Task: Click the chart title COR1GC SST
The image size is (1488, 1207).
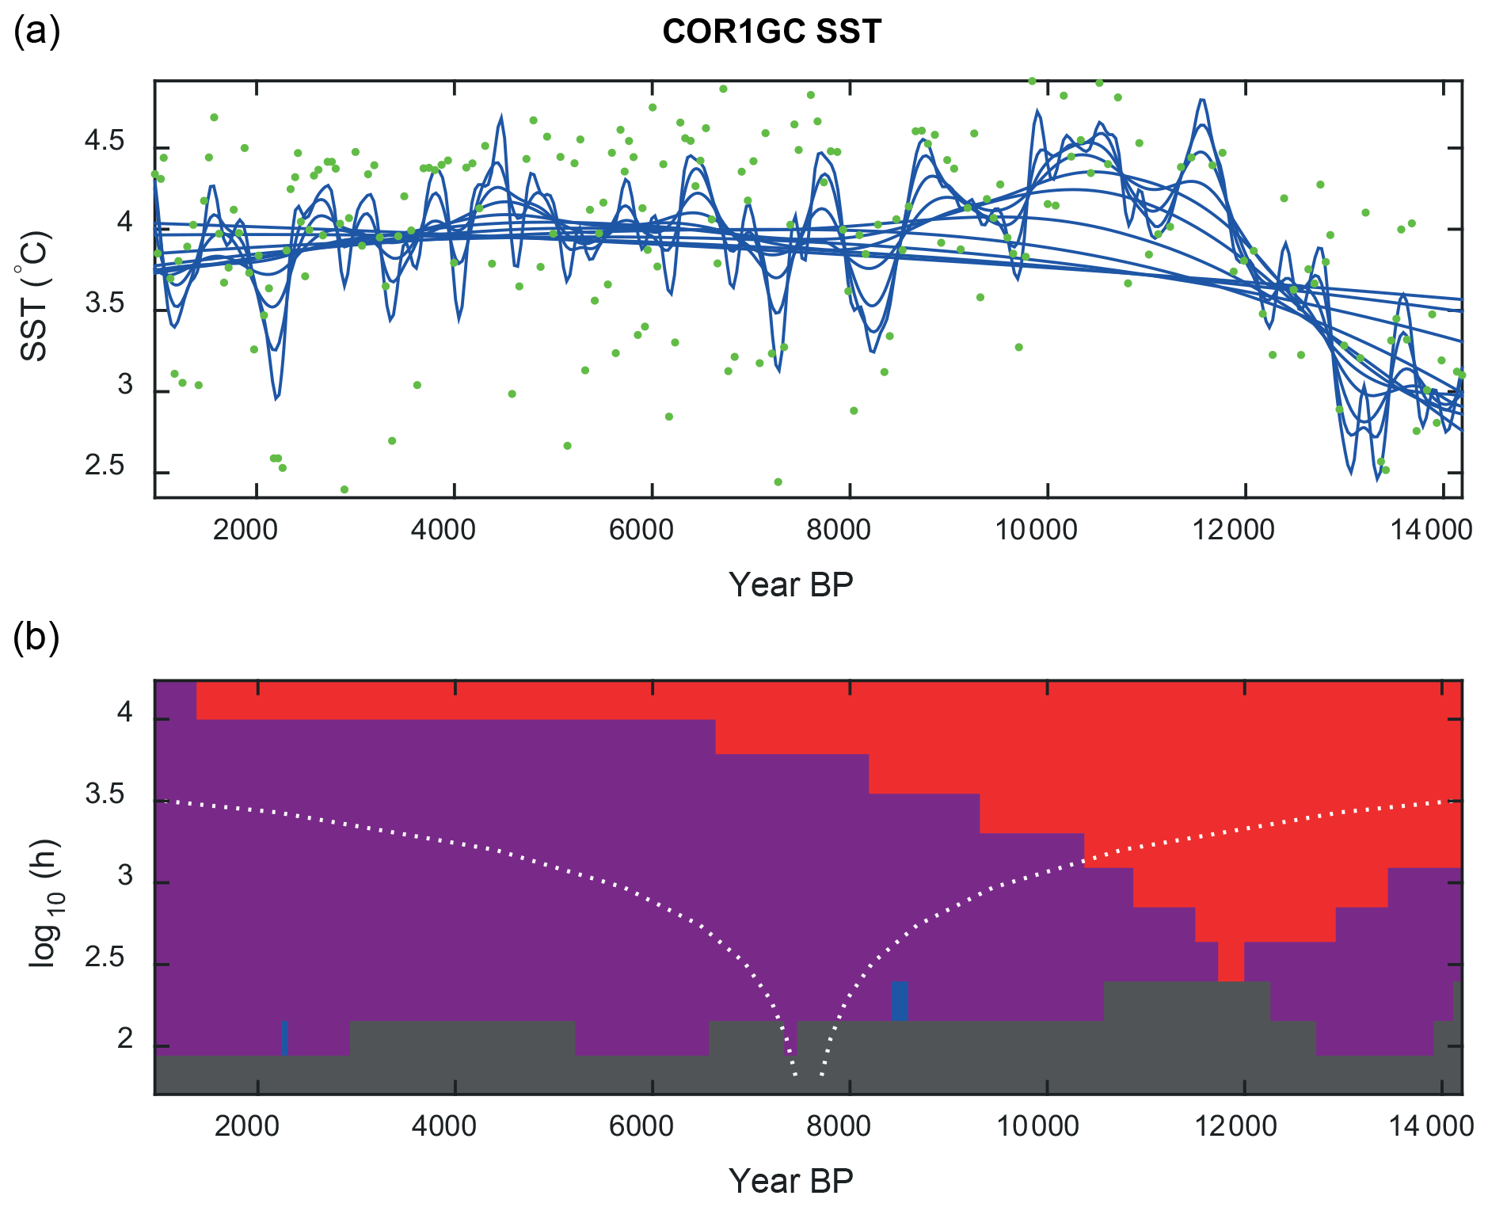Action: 771,32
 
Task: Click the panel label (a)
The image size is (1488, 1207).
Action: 36,32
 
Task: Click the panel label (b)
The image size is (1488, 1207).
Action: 36,638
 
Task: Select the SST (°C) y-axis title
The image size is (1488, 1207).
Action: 34,295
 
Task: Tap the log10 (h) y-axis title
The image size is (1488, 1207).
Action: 44,902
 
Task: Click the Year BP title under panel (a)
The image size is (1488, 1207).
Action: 790,584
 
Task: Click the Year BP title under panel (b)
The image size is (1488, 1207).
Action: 790,1181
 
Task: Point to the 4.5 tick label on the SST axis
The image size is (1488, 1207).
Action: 105,143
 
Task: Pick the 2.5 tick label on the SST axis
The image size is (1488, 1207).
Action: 105,466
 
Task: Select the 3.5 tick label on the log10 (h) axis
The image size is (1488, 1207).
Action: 105,795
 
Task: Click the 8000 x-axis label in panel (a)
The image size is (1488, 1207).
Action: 839,529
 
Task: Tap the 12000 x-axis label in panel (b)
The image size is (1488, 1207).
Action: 1235,1125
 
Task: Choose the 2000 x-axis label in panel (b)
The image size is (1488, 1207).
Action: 246,1125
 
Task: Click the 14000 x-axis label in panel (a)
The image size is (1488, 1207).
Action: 1431,529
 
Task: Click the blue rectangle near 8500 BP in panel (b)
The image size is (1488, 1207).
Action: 900,1001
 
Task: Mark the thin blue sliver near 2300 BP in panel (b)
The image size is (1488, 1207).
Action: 284,1038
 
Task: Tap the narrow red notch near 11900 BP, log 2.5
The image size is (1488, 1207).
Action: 1231,961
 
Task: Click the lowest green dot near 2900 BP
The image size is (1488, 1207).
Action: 344,489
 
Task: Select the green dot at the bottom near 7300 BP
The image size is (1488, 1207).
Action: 778,482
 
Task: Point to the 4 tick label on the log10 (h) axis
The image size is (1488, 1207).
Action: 124,714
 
